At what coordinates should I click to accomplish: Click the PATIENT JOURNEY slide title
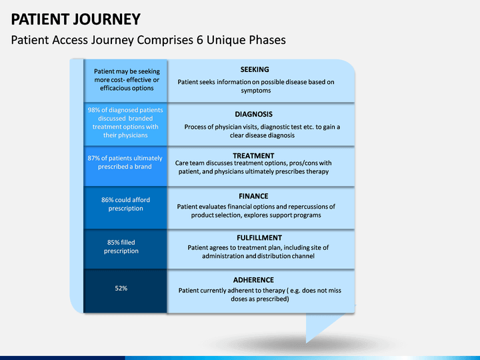75,19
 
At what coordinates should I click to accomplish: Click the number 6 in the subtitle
200,40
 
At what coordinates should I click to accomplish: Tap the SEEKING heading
255,69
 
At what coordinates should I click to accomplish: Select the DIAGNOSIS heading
253,114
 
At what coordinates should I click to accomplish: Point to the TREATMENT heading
253,155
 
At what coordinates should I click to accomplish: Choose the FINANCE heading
253,196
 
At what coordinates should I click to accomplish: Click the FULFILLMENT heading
259,238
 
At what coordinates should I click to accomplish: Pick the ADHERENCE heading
253,280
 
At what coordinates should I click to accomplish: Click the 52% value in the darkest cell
121,288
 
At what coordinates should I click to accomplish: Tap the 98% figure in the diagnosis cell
94,110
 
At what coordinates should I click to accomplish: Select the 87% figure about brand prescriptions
94,158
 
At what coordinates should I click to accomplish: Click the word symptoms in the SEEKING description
256,91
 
